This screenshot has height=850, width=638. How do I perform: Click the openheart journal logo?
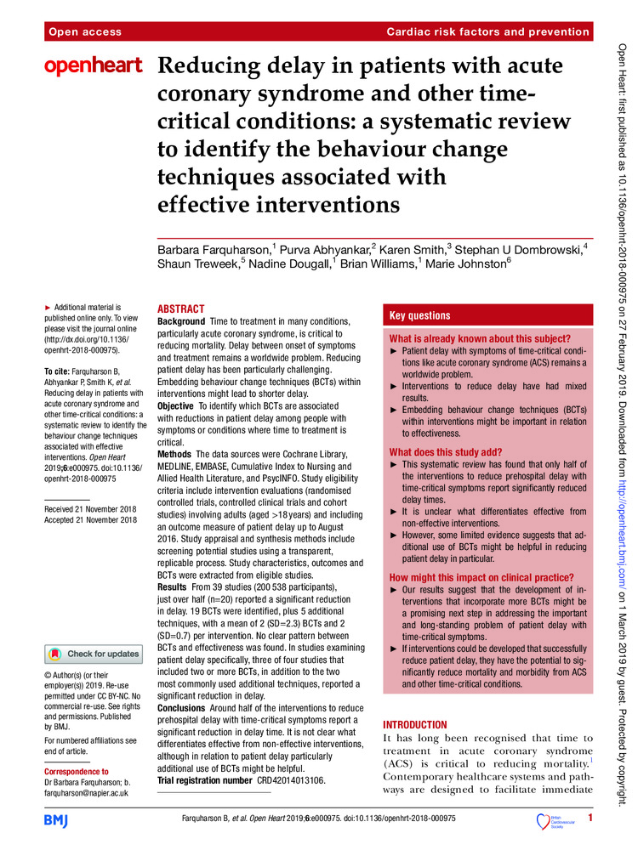[x=94, y=67]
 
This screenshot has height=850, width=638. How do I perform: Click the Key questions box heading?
[x=419, y=316]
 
